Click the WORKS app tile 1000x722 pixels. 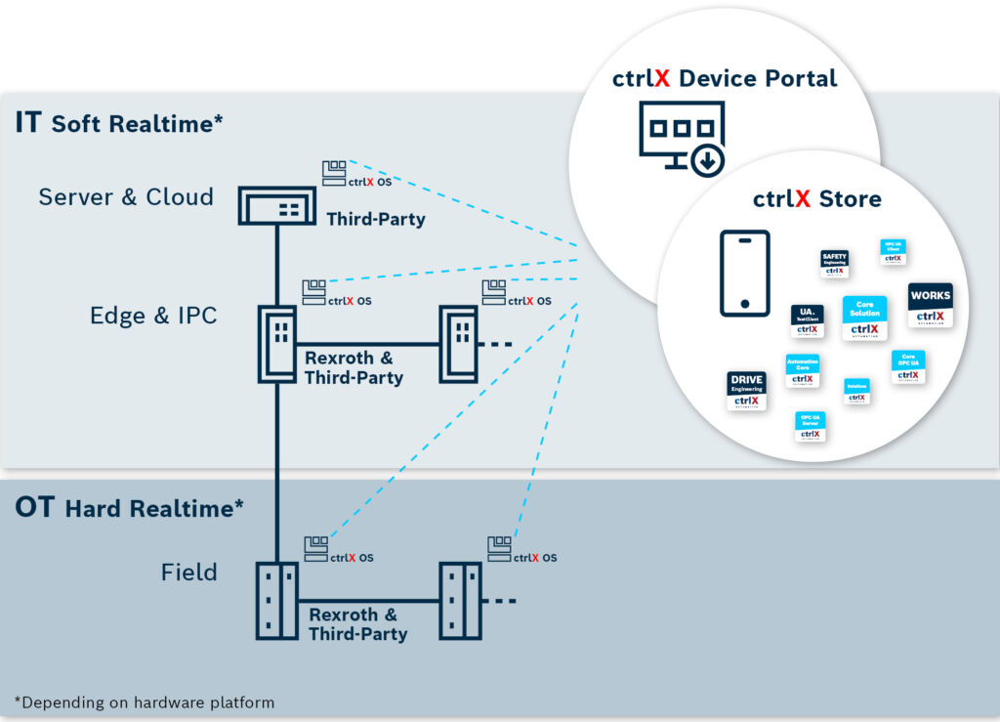(x=930, y=305)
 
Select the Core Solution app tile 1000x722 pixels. (x=864, y=319)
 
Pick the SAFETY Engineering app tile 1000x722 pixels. (x=834, y=265)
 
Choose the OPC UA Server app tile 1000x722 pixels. (x=810, y=427)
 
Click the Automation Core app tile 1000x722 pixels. (x=802, y=371)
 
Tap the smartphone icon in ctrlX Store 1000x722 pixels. (x=744, y=274)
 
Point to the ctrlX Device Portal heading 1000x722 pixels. (x=725, y=79)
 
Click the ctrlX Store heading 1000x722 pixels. (x=816, y=199)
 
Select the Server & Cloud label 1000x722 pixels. (x=126, y=197)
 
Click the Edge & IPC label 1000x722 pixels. (x=153, y=316)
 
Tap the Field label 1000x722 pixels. (x=189, y=572)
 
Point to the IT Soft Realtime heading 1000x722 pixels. (x=119, y=123)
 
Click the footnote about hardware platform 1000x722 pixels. (x=145, y=701)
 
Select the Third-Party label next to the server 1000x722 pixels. (x=376, y=219)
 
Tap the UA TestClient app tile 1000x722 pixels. (x=807, y=321)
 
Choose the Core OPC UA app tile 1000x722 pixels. (x=908, y=366)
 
